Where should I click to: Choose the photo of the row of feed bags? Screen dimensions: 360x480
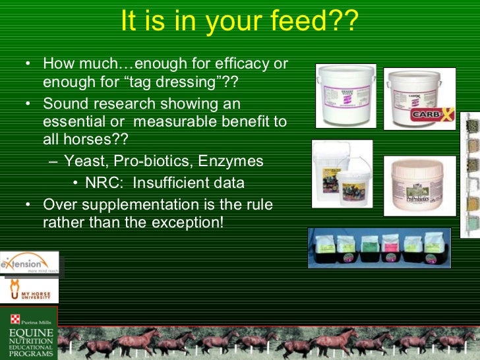coord(379,248)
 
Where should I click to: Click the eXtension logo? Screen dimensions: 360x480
coord(29,264)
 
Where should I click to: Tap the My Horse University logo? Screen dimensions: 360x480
coord(29,291)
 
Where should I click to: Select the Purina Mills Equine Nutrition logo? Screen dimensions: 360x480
coord(28,333)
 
